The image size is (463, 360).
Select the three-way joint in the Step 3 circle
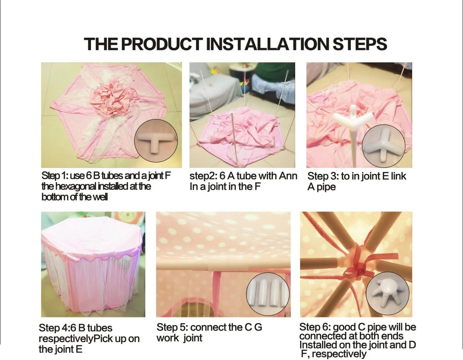click(383, 146)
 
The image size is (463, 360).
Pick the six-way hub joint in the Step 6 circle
click(387, 294)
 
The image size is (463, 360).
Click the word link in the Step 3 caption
click(399, 176)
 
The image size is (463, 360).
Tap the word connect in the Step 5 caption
click(210, 327)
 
